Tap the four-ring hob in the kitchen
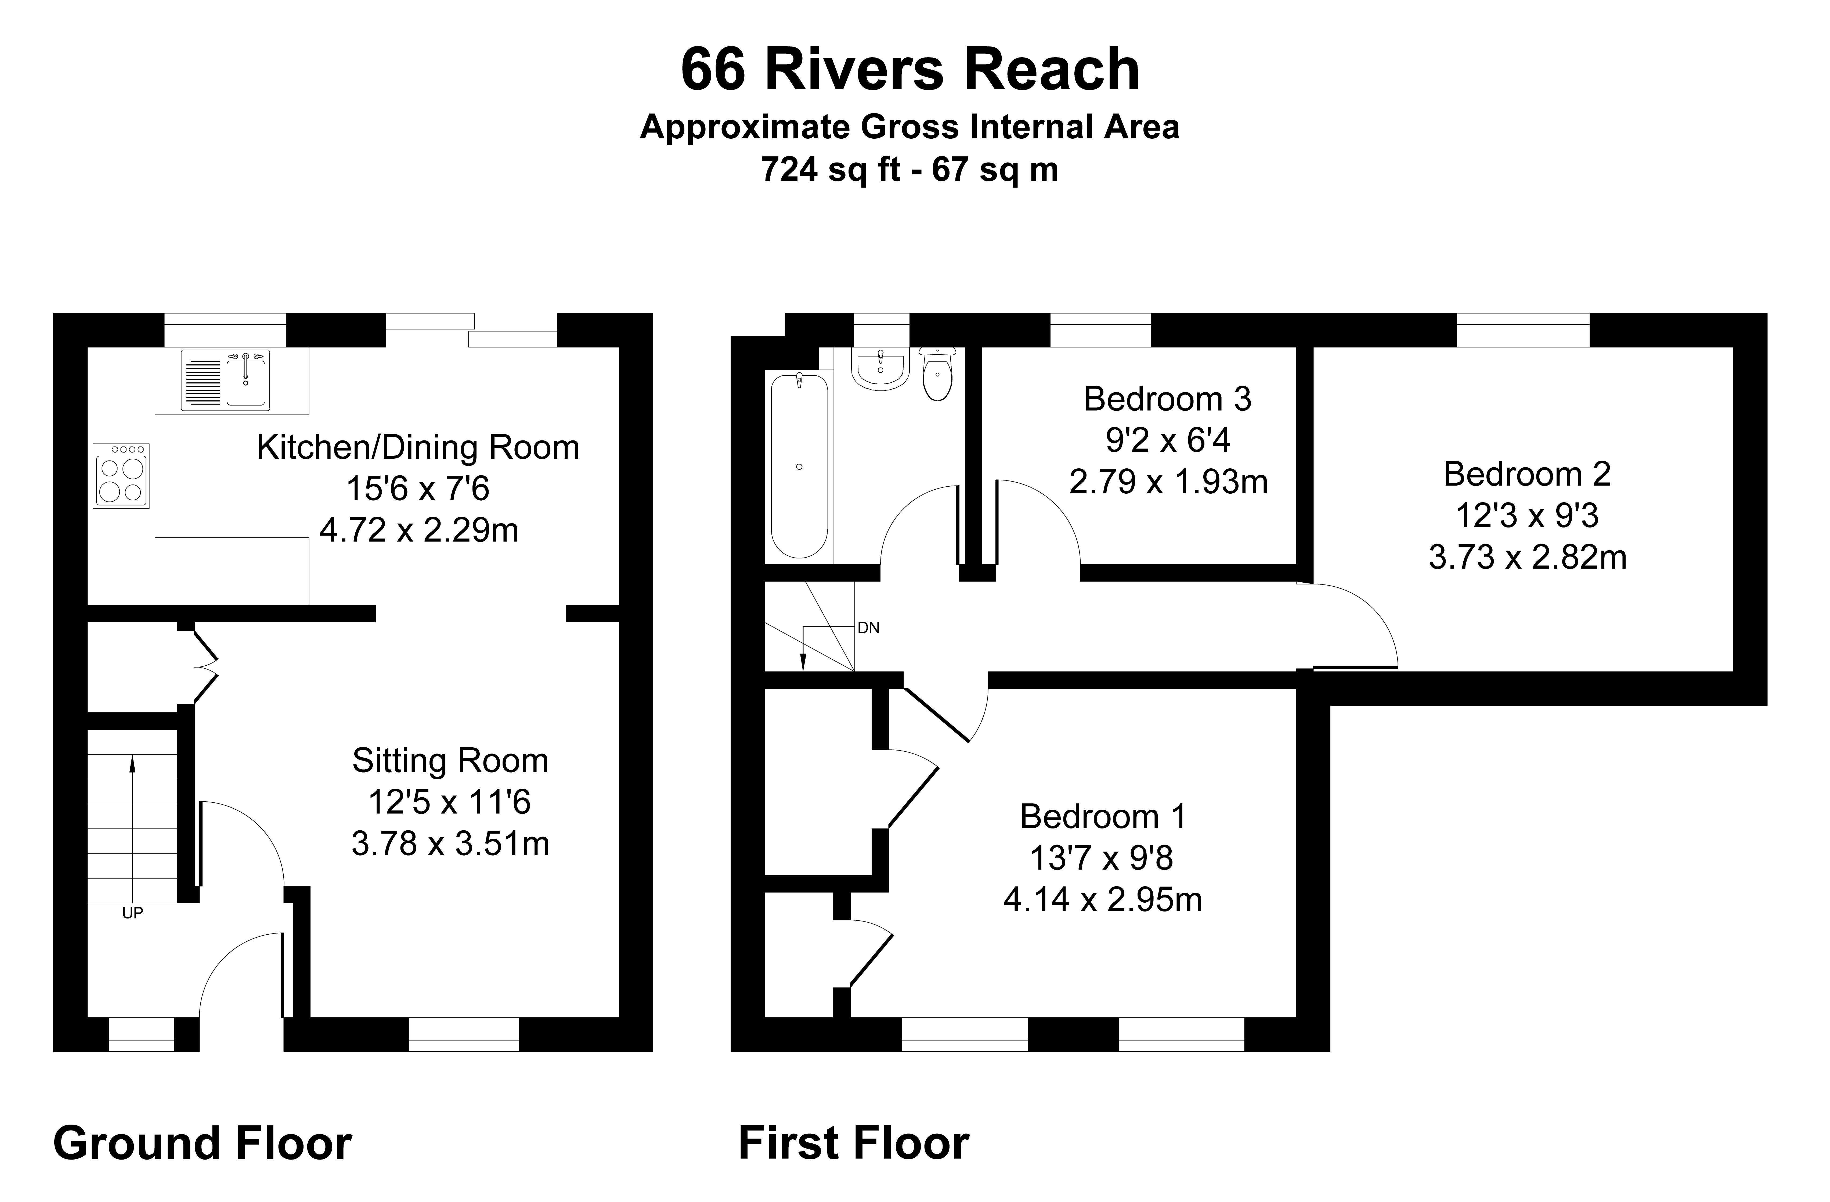[x=121, y=475]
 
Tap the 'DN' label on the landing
[x=868, y=628]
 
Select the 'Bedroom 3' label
[x=1167, y=399]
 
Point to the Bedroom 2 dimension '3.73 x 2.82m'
[x=1527, y=557]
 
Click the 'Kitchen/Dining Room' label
[x=417, y=448]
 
